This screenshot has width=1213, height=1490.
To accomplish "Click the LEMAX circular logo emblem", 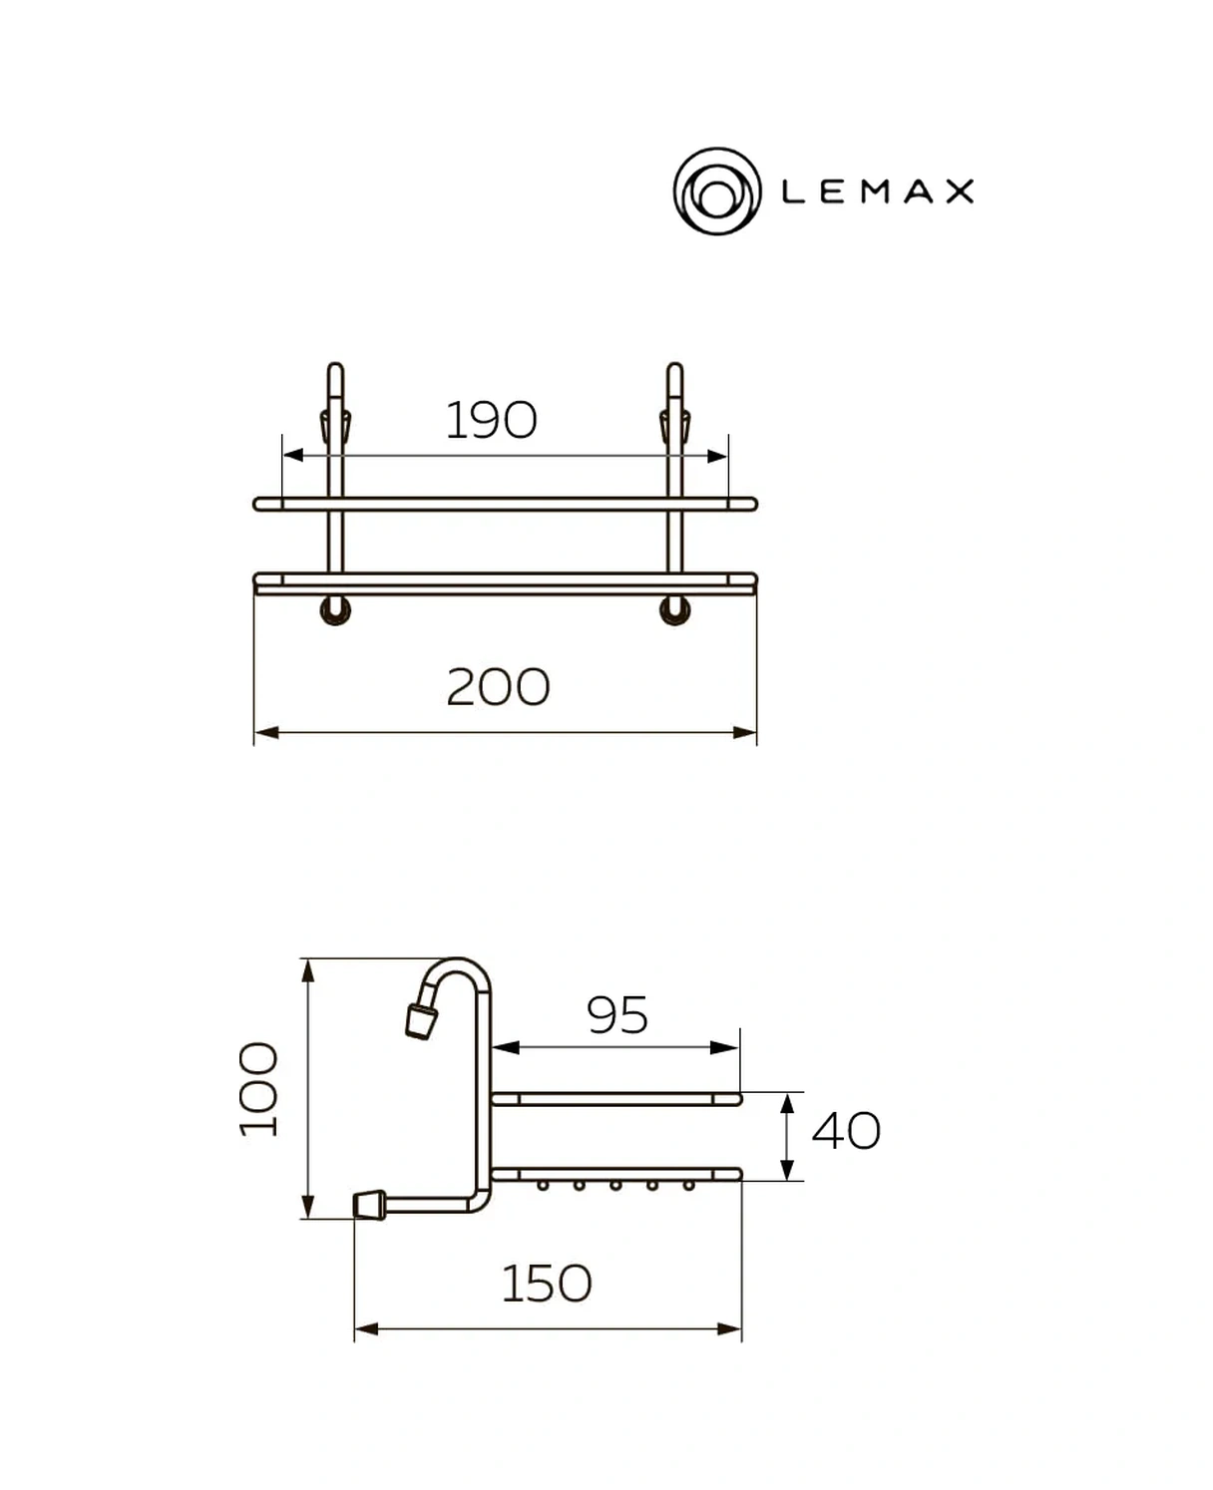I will click(x=716, y=191).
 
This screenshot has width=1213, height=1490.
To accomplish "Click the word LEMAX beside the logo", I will click(x=877, y=191).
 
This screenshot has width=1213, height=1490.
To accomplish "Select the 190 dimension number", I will click(x=491, y=420).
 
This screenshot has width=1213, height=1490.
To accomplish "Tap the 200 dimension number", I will click(x=498, y=687).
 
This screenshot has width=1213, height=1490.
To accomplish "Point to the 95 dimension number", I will click(x=617, y=1015).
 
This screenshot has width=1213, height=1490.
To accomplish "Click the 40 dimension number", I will click(x=846, y=1131).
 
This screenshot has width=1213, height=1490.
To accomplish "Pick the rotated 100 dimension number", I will click(x=259, y=1089).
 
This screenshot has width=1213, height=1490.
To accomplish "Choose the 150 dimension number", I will click(x=546, y=1284).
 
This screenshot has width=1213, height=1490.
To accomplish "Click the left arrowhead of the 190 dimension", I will click(x=293, y=456).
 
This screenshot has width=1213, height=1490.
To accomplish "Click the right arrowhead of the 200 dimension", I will click(x=745, y=733).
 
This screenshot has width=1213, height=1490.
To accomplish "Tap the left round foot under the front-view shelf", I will click(x=335, y=610).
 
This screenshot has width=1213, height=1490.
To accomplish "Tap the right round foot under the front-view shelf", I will click(x=675, y=610).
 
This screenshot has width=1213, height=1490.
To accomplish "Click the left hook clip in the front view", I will click(x=334, y=425).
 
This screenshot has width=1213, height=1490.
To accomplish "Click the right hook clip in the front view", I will click(x=674, y=425).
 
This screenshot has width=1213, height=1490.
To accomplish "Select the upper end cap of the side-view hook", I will click(x=420, y=1022).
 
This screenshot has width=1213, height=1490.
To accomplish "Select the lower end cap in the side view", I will click(x=370, y=1205).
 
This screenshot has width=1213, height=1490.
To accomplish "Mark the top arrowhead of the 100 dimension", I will click(x=308, y=970).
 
